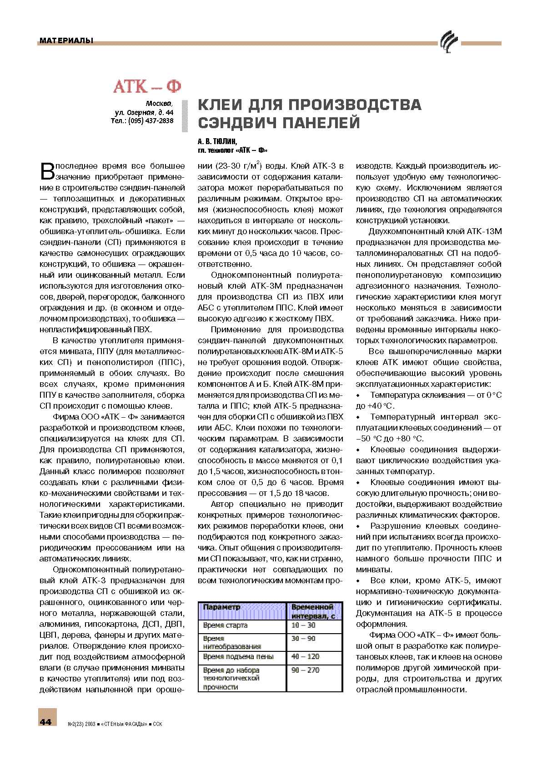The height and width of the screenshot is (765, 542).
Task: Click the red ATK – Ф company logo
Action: [147, 86]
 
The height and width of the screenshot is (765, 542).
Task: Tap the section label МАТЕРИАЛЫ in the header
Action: [66, 40]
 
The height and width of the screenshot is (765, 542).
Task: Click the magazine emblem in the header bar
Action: [449, 42]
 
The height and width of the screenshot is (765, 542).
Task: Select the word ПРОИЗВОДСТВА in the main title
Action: [355, 105]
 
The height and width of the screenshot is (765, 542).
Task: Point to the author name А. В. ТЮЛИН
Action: [217, 141]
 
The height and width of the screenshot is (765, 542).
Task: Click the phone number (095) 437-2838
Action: [151, 121]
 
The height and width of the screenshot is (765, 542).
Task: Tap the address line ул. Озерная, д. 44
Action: [144, 112]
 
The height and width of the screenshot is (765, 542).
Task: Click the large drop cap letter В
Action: [47, 171]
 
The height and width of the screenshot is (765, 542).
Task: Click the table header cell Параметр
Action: [221, 607]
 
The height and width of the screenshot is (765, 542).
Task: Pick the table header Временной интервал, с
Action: [313, 611]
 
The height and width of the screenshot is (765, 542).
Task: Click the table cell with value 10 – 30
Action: [304, 625]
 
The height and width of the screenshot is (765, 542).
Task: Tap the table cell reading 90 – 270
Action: [306, 670]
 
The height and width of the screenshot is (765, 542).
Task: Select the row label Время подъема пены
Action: [238, 656]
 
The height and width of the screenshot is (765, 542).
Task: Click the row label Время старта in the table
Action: [225, 625]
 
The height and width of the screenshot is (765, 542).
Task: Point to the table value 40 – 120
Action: [306, 656]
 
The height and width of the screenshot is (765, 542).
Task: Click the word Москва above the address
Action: [159, 104]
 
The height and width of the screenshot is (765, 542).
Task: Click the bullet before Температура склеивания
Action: [358, 395]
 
